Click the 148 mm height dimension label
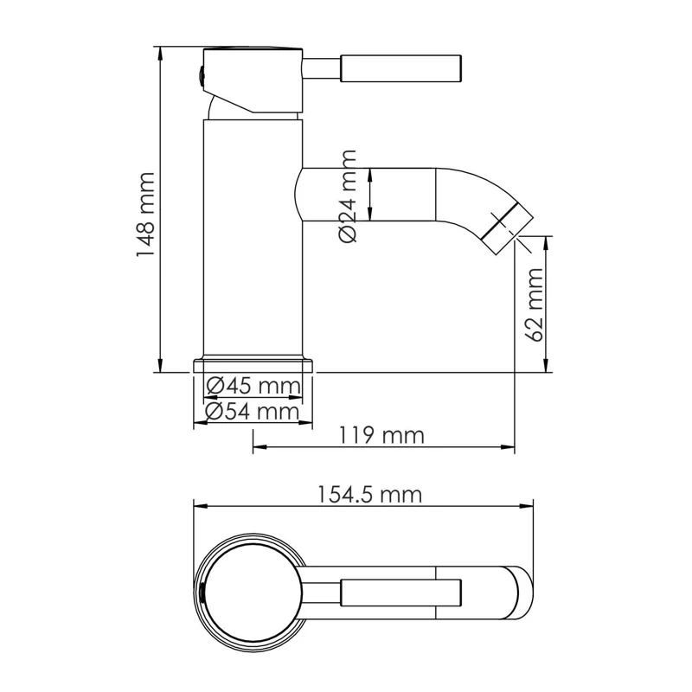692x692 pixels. (x=144, y=215)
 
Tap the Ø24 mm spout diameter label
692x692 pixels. (x=348, y=196)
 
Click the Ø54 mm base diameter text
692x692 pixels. (x=253, y=412)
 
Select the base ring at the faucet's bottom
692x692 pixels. (x=253, y=363)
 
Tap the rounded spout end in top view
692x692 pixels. (x=522, y=594)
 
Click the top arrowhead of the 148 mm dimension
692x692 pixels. (x=160, y=48)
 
